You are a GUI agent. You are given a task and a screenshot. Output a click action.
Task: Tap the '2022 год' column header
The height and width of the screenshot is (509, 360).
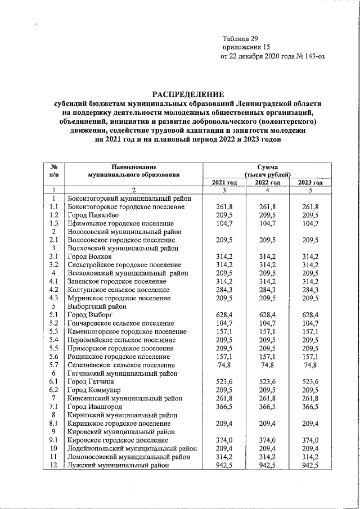click(x=267, y=183)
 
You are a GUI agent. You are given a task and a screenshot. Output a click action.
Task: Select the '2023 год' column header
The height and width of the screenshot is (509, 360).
click(x=310, y=183)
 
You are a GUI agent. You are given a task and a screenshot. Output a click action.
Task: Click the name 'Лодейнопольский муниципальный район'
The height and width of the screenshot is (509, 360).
click(x=132, y=448)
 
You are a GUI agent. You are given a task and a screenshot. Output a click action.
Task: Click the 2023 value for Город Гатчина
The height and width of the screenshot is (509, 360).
click(x=310, y=381)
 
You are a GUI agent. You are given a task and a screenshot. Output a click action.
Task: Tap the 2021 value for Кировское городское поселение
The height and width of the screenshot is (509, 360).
click(x=224, y=440)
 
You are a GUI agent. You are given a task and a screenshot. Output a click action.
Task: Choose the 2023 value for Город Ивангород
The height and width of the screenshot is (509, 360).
click(x=310, y=407)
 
